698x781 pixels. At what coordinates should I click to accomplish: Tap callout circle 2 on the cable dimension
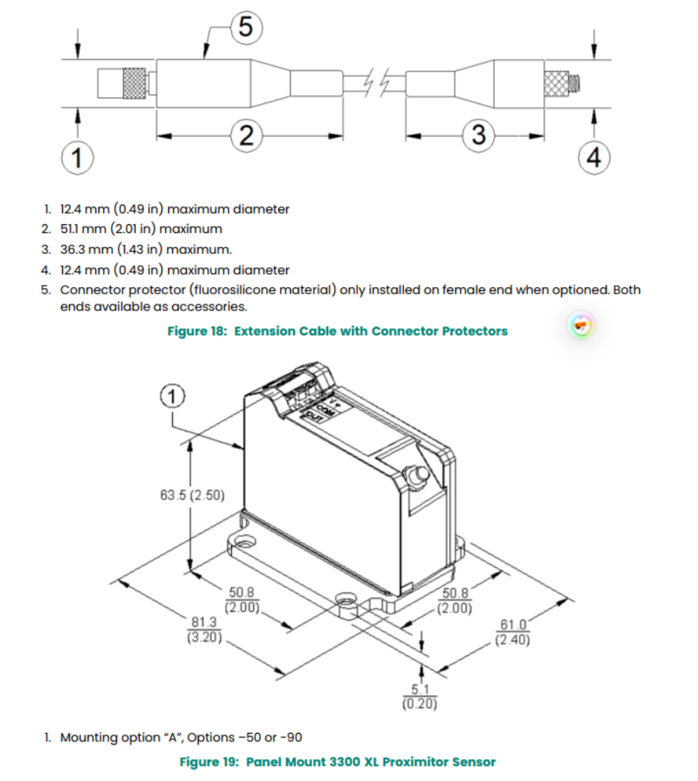(x=246, y=136)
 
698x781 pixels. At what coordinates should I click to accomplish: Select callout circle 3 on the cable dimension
(x=479, y=135)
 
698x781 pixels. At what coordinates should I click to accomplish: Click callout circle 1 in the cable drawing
(x=76, y=158)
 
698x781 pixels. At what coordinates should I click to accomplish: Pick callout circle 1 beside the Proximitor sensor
(x=172, y=397)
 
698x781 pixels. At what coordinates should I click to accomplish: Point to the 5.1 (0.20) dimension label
(x=420, y=697)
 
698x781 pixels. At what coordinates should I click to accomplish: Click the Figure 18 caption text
(x=337, y=331)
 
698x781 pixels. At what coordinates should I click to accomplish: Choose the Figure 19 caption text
(x=337, y=762)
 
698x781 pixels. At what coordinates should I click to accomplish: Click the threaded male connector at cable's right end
(x=563, y=82)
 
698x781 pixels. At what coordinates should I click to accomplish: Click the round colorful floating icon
(x=581, y=325)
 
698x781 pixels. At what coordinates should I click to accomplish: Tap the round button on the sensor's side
(x=414, y=475)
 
